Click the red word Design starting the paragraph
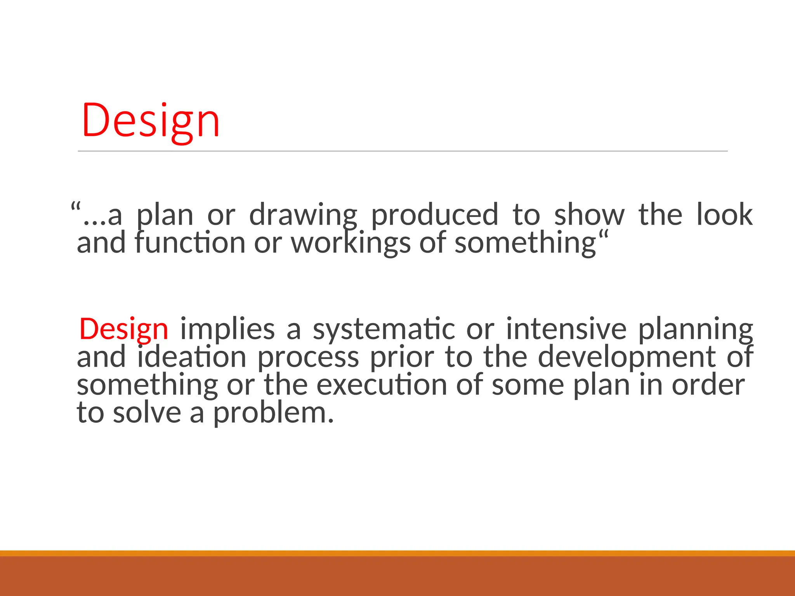(123, 329)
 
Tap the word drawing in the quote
(302, 215)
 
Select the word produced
(434, 215)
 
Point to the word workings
(351, 243)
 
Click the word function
(190, 243)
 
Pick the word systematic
(384, 329)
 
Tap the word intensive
(566, 329)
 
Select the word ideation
(192, 357)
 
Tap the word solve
(147, 413)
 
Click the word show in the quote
(589, 215)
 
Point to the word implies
(227, 329)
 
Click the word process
(308, 357)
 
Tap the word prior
(401, 357)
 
